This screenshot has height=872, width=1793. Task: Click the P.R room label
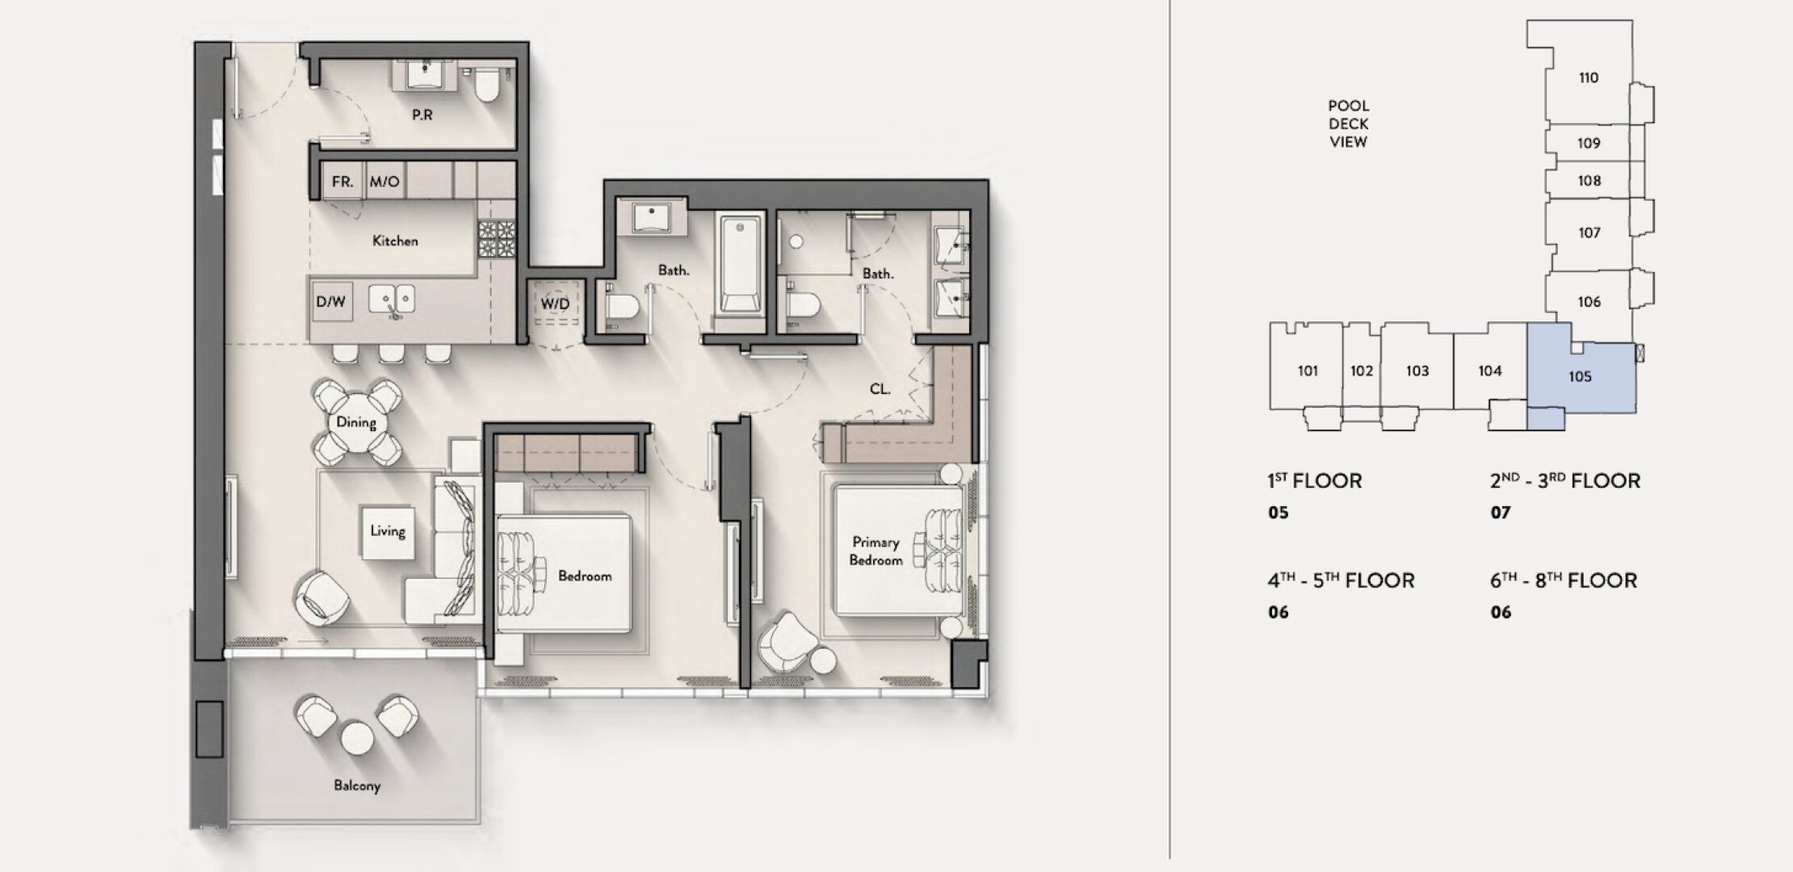(x=422, y=115)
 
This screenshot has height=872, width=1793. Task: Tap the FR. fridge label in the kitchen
(x=342, y=182)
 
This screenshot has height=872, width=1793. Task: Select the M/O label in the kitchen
(x=384, y=182)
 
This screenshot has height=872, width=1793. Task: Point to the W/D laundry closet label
(x=555, y=304)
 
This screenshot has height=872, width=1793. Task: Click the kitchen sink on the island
(x=393, y=299)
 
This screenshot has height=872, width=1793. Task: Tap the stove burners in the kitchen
(x=496, y=239)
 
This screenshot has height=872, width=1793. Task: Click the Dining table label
(x=356, y=422)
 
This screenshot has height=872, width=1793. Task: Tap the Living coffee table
(x=388, y=531)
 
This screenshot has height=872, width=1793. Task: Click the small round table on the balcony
(x=357, y=738)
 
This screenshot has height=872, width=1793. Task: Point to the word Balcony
(x=357, y=786)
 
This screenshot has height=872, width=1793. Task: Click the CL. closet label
(x=880, y=389)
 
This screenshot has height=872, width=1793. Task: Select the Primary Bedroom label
(x=876, y=551)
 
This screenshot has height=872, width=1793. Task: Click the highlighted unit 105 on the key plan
(x=1581, y=376)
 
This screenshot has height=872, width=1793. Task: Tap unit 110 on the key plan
(x=1589, y=78)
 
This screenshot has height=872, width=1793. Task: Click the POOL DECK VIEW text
(x=1349, y=124)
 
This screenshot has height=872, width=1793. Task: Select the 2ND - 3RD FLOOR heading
(x=1565, y=481)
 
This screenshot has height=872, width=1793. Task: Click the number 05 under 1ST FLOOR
(x=1279, y=513)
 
